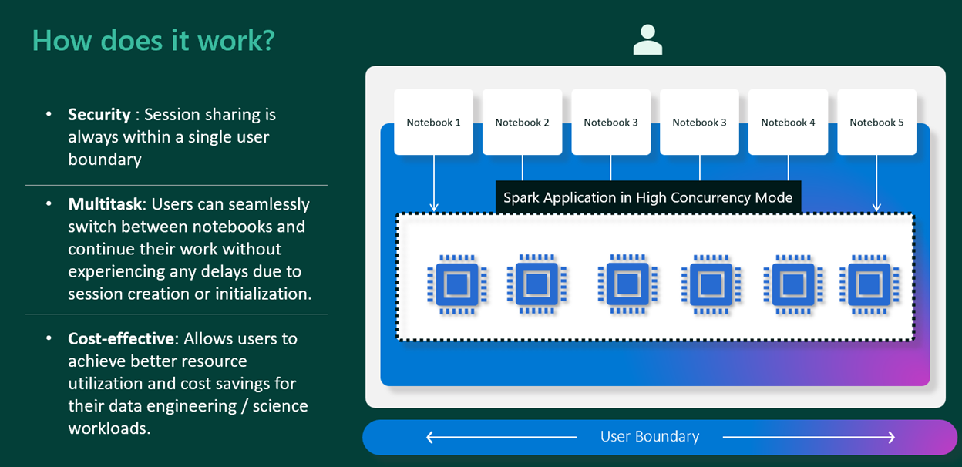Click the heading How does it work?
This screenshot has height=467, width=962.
click(153, 40)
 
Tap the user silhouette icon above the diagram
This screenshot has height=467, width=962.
click(647, 40)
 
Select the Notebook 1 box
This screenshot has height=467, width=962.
click(433, 122)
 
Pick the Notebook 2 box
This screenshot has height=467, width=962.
click(522, 122)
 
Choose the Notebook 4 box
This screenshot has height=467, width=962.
click(788, 122)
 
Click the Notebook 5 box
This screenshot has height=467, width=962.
click(876, 122)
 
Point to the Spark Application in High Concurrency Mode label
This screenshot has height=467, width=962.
click(647, 197)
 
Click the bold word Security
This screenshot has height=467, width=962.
click(99, 114)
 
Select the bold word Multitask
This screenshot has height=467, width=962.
click(105, 204)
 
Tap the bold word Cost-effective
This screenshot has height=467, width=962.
click(120, 338)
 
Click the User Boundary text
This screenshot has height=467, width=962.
click(649, 437)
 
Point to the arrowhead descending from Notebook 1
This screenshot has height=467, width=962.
click(433, 207)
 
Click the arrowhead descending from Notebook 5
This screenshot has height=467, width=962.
click(876, 207)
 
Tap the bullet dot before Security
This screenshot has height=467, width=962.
click(49, 114)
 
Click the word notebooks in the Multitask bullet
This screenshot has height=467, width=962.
click(264, 227)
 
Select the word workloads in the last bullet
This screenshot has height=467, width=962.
click(109, 428)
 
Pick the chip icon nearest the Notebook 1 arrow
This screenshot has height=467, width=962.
click(457, 284)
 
